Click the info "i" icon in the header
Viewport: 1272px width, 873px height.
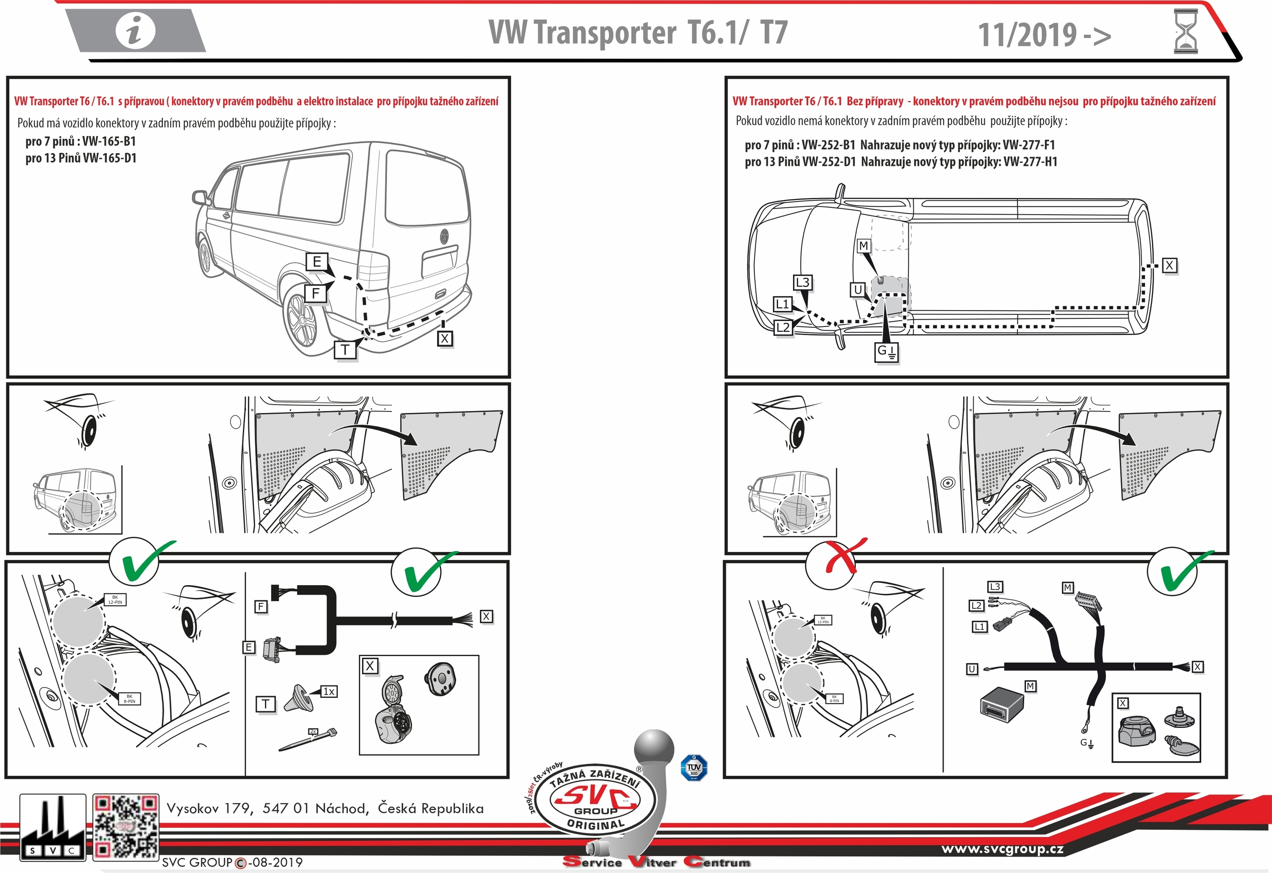135,30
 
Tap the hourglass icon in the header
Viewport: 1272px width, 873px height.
1185,32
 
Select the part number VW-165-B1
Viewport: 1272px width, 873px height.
109,141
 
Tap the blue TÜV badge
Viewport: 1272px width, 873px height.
694,768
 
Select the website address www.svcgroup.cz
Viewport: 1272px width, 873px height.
1002,849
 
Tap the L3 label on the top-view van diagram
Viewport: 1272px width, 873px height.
802,282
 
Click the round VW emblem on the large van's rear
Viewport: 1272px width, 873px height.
444,237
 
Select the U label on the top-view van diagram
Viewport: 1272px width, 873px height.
858,290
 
